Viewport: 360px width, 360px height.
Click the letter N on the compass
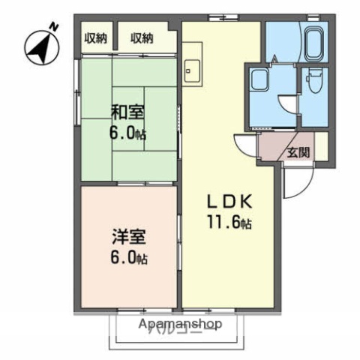coord(53,28)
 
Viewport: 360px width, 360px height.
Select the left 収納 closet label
coord(94,39)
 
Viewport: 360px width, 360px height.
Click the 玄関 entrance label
coord(298,151)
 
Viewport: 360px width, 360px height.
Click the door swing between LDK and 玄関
coord(246,145)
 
